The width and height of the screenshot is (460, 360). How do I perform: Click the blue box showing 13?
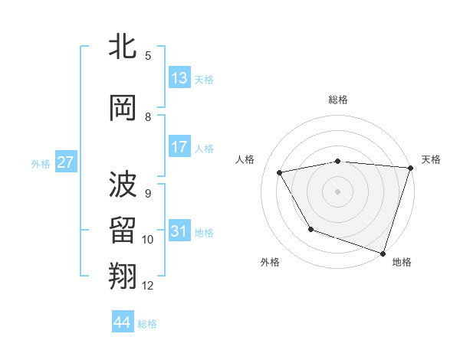pos(179,78)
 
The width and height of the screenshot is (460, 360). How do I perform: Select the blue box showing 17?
pos(179,147)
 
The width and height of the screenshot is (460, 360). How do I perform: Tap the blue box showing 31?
pos(179,231)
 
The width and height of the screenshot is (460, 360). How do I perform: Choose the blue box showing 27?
pos(66,162)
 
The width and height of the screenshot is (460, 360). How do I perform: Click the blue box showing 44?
pos(123,322)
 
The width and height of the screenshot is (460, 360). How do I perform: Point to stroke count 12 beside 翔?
pos(148,286)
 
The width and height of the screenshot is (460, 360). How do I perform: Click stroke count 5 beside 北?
pos(148,55)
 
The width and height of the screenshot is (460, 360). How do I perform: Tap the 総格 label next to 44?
pos(148,324)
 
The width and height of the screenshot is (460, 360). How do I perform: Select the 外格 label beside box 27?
pos(41,164)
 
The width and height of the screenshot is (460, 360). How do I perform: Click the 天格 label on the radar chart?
pos(431,159)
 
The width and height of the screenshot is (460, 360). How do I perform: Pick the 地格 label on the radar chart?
pos(402,262)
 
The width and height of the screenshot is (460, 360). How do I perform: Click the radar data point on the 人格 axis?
pos(280,173)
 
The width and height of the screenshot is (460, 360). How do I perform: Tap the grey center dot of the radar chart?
pos(337,191)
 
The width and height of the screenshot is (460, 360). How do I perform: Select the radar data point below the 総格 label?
pos(337,162)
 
